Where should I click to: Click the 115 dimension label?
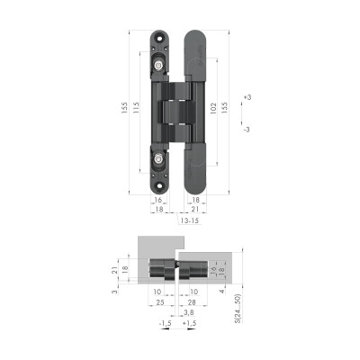pos(136,108)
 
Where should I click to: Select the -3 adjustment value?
pos(247,130)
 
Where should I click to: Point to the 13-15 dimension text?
pos(189,220)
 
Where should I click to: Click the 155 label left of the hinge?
pos(123,108)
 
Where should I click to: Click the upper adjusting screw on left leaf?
pos(159,65)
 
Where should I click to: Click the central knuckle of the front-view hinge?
pos(176,112)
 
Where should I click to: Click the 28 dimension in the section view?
pos(193,303)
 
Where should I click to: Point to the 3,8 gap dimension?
pos(187,313)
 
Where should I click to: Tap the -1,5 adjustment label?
pos(164,322)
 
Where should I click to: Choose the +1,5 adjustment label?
pos(189,322)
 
